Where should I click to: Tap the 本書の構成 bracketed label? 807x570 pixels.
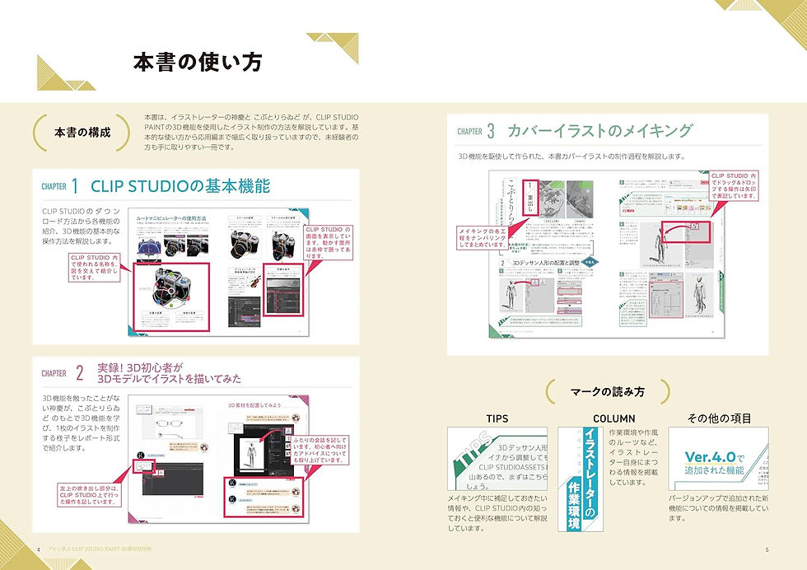[82, 132]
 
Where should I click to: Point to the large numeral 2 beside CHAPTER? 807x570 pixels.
[79, 373]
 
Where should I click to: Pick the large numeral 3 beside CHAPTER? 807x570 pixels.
[491, 131]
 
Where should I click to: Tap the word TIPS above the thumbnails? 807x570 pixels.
[497, 418]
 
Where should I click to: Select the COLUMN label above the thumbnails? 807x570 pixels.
[613, 418]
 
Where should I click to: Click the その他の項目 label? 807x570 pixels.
[719, 418]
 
